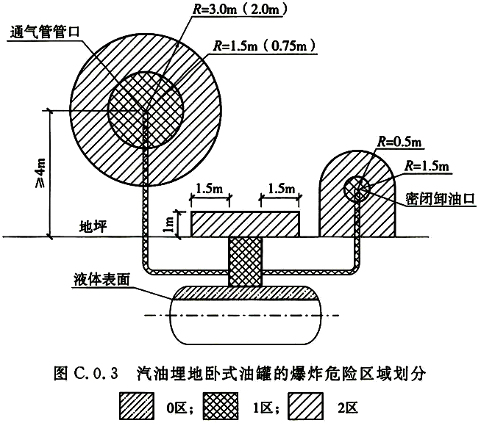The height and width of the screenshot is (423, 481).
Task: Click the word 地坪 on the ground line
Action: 94,225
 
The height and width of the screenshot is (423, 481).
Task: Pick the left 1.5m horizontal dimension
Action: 211,189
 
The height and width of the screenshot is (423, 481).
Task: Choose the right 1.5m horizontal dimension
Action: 280,189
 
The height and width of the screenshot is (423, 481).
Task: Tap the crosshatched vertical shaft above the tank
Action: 245,262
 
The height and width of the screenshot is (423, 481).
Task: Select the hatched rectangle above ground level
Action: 245,223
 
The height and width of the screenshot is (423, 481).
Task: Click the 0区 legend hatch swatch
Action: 139,403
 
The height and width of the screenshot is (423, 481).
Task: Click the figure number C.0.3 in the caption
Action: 98,375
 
